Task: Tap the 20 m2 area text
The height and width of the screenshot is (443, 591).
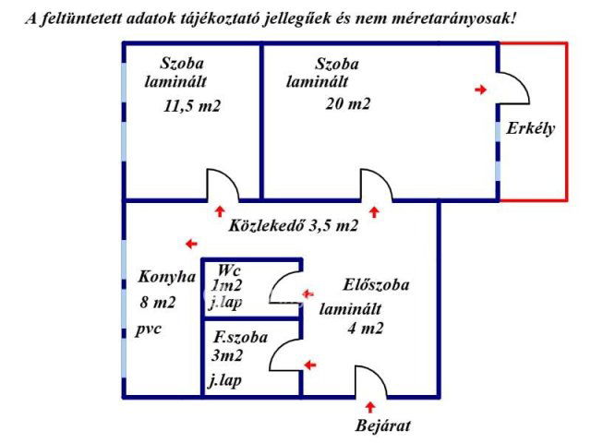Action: click(x=347, y=103)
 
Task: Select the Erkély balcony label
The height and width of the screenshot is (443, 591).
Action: click(x=530, y=129)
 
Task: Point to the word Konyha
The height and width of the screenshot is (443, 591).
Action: click(x=167, y=276)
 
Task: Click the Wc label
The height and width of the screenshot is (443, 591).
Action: click(x=230, y=269)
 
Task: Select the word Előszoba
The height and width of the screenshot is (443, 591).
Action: click(x=376, y=285)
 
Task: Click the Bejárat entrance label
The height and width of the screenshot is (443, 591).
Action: click(x=382, y=425)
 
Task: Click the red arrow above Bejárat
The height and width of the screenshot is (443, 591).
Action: click(x=371, y=406)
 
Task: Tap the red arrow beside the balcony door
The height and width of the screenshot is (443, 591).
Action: click(x=480, y=90)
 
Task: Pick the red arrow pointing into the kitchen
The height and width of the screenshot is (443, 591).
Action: click(x=190, y=244)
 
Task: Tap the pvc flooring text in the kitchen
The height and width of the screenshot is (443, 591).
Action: click(x=148, y=329)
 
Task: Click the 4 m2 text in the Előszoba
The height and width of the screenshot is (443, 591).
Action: click(x=366, y=328)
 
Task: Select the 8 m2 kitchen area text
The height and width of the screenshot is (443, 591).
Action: click(x=157, y=302)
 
